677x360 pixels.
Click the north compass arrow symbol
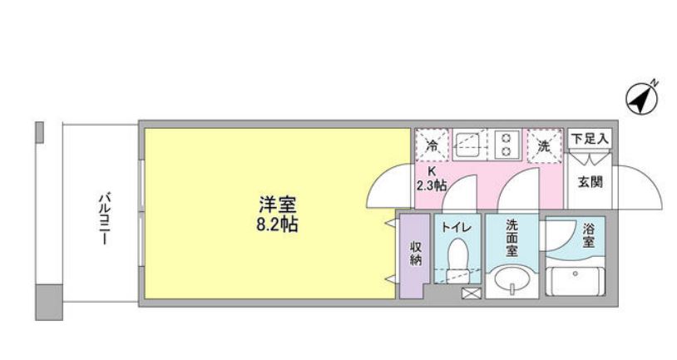pos(641,99)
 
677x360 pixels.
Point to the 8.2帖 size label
pos(278,224)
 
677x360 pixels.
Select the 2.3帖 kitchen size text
pos(431,185)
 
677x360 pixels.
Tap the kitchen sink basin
pos(468,145)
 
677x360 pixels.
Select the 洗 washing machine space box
pos(543,145)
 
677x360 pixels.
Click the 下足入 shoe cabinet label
pos(591,137)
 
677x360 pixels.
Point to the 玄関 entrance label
pos(591,182)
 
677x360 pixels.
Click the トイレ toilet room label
pos(456,224)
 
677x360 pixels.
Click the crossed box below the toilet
pos(470,293)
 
